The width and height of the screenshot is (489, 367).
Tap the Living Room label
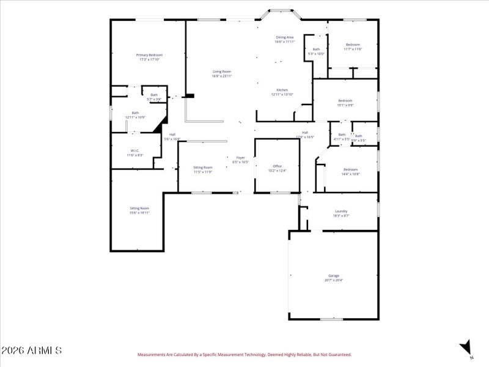(221, 72)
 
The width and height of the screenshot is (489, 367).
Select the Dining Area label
(285, 37)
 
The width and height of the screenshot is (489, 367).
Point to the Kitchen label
(282, 90)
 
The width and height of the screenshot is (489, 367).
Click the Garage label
(333, 276)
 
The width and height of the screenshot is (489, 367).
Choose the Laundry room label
(341, 211)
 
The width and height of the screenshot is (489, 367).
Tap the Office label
(277, 166)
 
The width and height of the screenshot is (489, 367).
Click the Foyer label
(241, 158)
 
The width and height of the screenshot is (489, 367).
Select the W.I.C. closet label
(135, 150)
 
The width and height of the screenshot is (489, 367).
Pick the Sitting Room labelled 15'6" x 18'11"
(139, 208)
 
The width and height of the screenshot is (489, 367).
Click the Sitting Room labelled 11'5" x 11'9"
(203, 167)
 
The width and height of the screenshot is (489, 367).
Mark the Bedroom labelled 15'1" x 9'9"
(345, 100)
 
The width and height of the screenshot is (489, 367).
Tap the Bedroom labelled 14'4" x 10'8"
(350, 169)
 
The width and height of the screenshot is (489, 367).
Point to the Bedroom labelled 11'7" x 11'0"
(353, 45)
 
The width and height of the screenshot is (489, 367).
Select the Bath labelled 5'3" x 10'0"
(316, 50)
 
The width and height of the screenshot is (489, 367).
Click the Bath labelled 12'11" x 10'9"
(135, 113)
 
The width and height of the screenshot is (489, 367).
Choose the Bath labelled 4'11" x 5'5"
(342, 135)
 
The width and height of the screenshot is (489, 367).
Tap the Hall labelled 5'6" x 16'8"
(172, 135)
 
